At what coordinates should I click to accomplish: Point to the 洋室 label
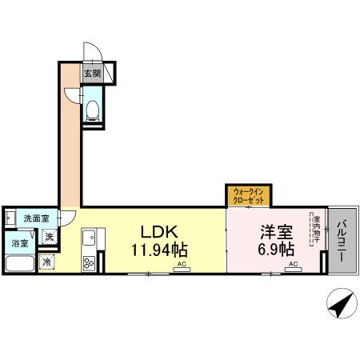point(274,232)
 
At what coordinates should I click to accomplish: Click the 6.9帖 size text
point(274,249)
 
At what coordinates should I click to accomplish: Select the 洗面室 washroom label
point(35,218)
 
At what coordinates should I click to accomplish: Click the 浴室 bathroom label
point(19,243)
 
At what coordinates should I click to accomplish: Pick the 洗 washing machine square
point(49,237)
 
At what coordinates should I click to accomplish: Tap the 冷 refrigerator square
point(47,262)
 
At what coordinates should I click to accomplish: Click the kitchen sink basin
point(89,238)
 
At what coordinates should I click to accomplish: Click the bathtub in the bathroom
point(19,263)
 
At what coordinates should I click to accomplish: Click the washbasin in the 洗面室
point(9,218)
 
